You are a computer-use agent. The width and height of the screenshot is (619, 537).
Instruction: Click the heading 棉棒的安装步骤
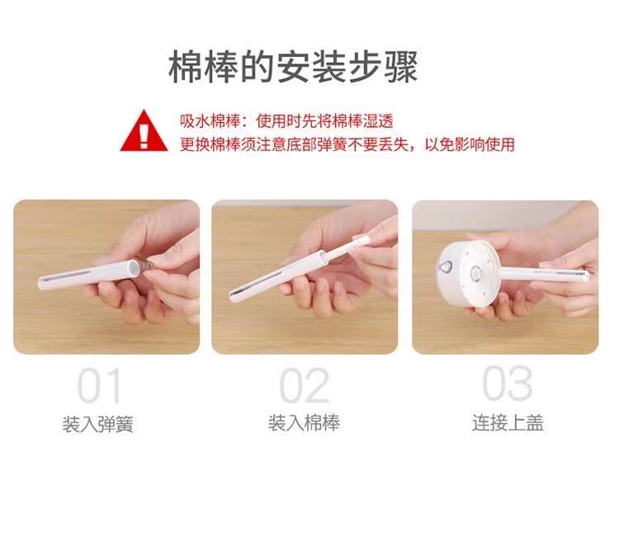[293, 67]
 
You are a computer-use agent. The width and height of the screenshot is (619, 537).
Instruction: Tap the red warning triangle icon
[144, 132]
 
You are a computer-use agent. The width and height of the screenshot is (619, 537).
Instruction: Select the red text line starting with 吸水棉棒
[286, 121]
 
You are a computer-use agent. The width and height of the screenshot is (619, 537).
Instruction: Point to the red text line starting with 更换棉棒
[347, 144]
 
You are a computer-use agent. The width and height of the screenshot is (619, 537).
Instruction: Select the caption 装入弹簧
[97, 425]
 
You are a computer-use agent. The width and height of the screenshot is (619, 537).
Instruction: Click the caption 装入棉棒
[304, 424]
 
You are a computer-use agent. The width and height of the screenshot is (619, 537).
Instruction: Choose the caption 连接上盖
[507, 424]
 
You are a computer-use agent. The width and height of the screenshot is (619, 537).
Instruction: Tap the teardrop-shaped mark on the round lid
[443, 266]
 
